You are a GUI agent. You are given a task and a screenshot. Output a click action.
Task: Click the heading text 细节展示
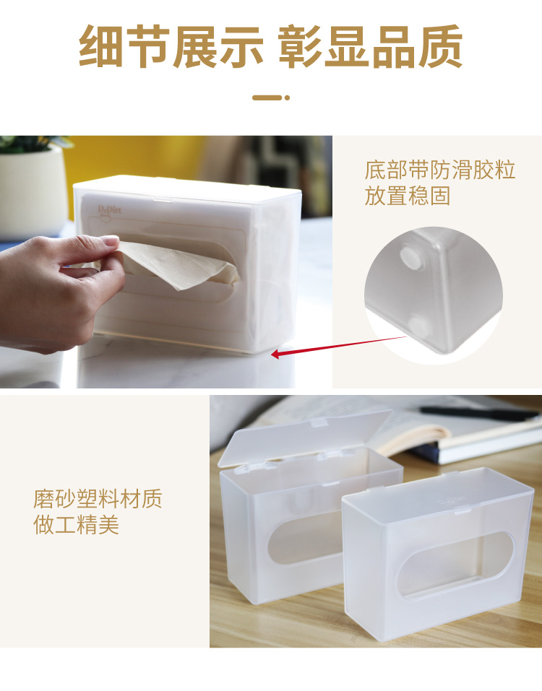click(171, 46)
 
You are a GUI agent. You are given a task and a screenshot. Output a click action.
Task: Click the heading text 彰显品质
click(371, 46)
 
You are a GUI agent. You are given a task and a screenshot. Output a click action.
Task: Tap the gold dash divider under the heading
click(271, 97)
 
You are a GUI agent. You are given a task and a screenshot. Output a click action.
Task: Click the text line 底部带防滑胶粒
click(439, 170)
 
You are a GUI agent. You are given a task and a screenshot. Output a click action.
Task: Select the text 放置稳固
click(407, 196)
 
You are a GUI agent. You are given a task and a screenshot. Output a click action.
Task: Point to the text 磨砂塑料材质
click(98, 498)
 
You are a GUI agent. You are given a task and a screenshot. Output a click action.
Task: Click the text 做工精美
click(77, 524)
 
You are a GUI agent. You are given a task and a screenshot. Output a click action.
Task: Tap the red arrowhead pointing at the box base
click(275, 353)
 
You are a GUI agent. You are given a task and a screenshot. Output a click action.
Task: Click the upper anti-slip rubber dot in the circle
click(411, 258)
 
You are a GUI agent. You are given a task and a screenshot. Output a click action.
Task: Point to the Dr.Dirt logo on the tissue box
click(109, 211)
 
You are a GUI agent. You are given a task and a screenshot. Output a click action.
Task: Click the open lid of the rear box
click(304, 438)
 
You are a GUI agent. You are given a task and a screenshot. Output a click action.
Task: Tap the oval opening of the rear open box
click(304, 540)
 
